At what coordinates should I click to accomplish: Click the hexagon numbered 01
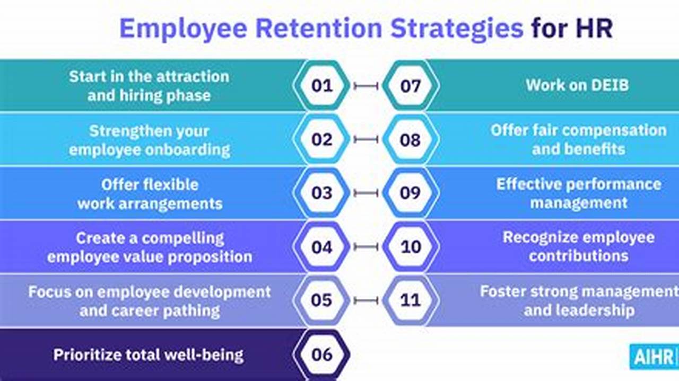321,85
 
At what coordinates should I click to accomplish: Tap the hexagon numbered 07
410,85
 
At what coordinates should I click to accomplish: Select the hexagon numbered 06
321,354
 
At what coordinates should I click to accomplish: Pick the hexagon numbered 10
410,246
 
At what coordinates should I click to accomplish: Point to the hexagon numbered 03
321,193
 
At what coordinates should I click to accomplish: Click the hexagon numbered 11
410,300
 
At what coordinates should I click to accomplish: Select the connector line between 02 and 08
366,139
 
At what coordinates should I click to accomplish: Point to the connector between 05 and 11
366,300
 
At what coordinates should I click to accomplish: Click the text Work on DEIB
577,85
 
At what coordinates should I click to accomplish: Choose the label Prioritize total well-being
149,355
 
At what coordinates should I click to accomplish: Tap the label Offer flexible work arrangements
150,194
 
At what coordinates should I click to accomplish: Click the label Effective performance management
579,193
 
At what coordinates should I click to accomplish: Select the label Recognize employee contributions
578,246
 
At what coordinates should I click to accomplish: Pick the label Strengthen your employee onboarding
150,140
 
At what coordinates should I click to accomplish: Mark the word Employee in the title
183,29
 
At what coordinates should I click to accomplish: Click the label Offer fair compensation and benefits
578,139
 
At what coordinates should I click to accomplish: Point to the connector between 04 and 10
366,247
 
